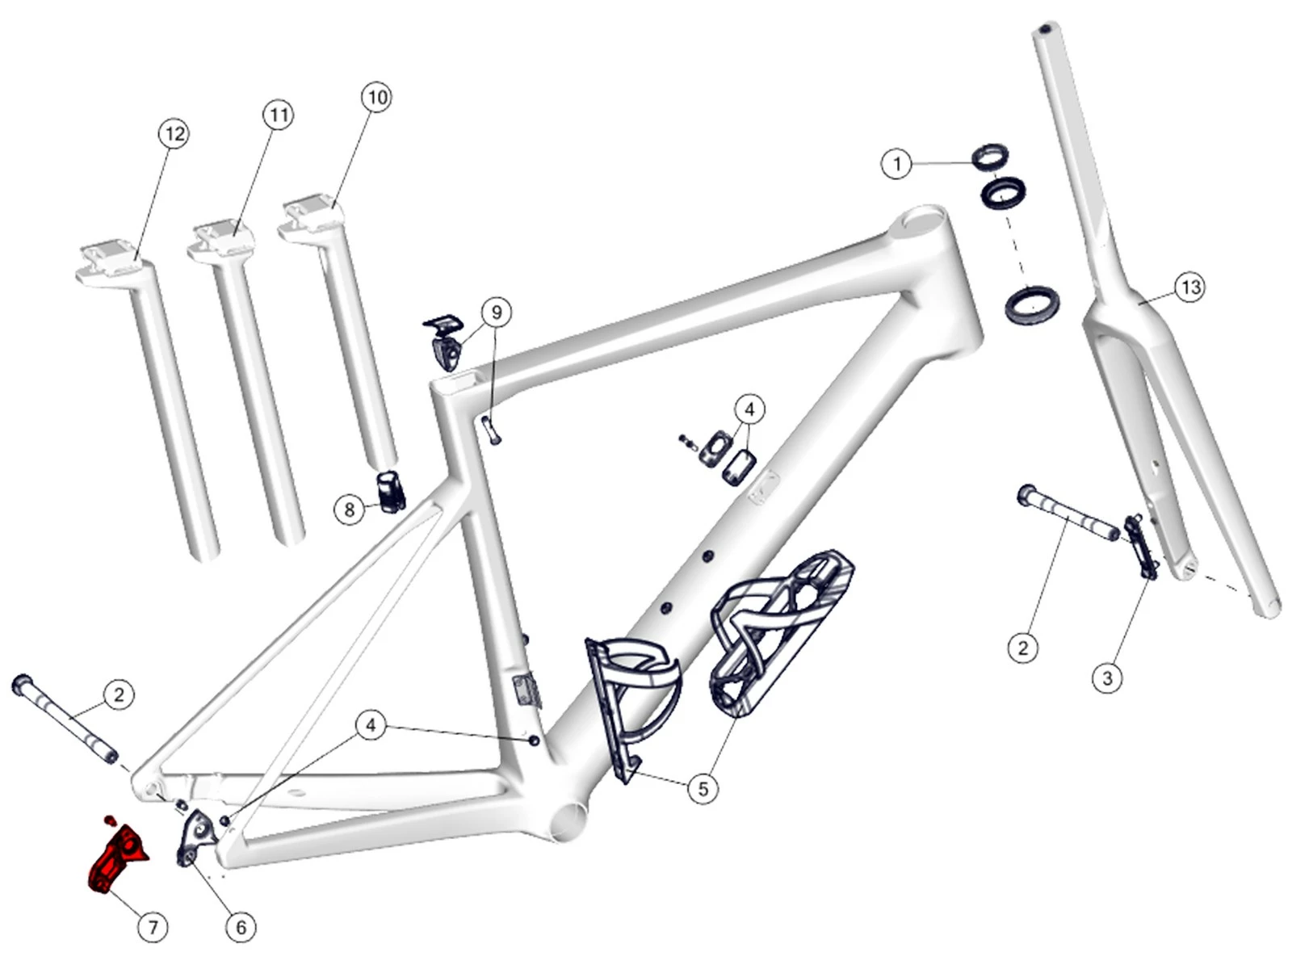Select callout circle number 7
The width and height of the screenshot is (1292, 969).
(153, 927)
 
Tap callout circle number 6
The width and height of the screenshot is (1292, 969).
(241, 927)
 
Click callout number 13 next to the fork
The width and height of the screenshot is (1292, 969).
(1191, 287)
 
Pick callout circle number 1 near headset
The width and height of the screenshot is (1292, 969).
(896, 164)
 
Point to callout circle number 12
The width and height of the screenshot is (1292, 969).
(174, 133)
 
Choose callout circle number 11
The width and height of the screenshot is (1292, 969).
(278, 115)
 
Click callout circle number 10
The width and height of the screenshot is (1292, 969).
(377, 98)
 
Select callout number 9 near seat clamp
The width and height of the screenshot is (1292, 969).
(497, 312)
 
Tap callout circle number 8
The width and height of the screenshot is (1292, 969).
(349, 510)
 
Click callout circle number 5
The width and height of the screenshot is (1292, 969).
(703, 787)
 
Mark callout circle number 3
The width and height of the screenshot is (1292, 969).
(1107, 677)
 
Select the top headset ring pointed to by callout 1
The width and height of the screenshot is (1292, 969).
(990, 155)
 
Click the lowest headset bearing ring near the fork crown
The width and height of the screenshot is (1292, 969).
(1030, 305)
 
